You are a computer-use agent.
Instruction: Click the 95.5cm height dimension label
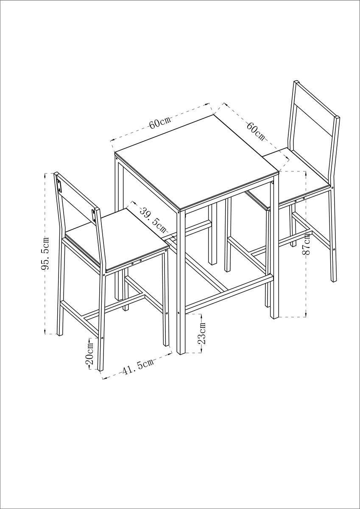point(45,253)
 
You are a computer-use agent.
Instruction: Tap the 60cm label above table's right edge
point(256,131)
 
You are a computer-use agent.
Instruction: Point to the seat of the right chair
point(296,174)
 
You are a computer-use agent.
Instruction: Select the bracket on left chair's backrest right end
point(94,215)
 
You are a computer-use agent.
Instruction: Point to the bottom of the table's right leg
point(274,316)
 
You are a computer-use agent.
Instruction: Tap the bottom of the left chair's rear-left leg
point(59,335)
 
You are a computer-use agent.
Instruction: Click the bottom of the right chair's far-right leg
point(334,281)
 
